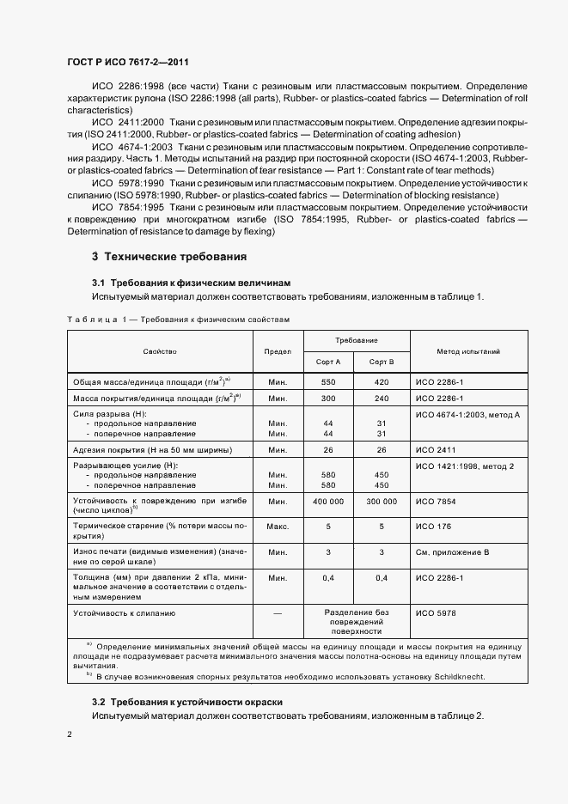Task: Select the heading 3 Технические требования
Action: click(169, 257)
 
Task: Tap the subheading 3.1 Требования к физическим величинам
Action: click(192, 283)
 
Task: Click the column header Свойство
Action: click(160, 351)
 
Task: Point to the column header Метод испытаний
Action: click(468, 351)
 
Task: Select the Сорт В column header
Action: click(382, 362)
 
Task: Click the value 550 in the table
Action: click(327, 381)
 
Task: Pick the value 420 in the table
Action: click(382, 381)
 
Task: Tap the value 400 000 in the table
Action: click(327, 501)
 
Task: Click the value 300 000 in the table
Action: click(382, 501)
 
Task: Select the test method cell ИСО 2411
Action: click(435, 450)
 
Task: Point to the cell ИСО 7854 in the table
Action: click(435, 501)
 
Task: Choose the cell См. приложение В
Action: click(452, 552)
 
